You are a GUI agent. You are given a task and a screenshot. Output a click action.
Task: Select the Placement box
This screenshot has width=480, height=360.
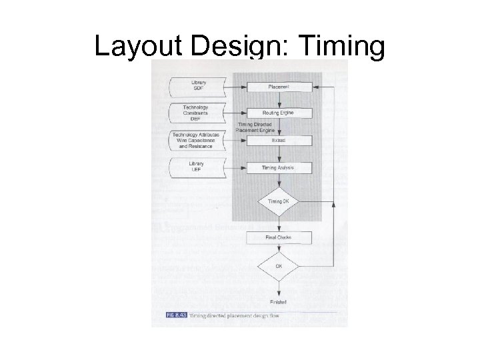point(279,87)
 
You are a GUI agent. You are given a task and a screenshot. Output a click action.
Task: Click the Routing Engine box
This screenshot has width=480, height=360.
point(279,113)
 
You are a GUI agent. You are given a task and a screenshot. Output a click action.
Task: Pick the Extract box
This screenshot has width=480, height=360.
point(279,141)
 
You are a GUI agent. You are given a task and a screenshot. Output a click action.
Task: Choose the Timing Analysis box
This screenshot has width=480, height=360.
point(279,167)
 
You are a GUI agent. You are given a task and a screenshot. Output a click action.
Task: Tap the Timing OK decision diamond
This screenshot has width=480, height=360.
point(279,201)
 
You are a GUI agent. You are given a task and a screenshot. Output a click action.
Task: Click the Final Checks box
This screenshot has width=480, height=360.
point(279,237)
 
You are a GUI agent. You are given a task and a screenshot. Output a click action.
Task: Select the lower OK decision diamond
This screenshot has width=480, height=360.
point(279,267)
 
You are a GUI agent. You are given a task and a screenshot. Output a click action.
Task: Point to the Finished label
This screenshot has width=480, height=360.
point(279,301)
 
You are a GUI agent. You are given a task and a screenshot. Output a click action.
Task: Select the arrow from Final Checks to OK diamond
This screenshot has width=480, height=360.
point(279,248)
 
